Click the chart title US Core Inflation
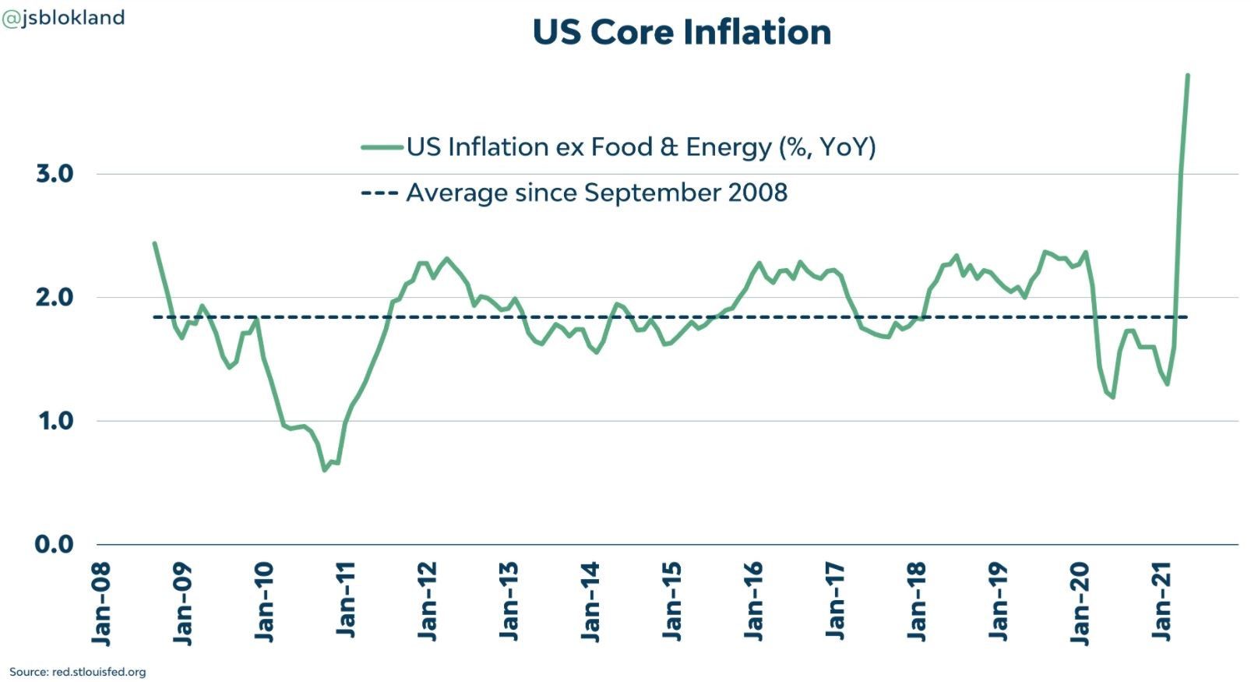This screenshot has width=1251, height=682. point(682,32)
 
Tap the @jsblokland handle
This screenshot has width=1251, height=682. point(63,18)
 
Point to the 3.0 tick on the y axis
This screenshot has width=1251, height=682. point(55,174)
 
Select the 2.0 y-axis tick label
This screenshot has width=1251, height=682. point(55,298)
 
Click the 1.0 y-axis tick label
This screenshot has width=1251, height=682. point(56,421)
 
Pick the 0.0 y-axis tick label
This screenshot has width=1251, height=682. point(55,544)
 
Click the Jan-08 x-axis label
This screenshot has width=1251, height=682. point(100,604)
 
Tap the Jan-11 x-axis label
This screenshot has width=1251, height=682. point(346,600)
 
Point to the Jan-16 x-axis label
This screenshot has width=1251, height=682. point(752,602)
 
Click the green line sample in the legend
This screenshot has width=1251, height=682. point(382,147)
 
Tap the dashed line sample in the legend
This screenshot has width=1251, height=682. point(380,193)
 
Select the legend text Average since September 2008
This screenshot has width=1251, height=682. point(597,193)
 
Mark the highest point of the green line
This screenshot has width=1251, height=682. point(1187,75)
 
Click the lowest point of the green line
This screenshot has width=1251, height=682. point(325,471)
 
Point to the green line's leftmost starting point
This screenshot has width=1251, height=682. point(155,243)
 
